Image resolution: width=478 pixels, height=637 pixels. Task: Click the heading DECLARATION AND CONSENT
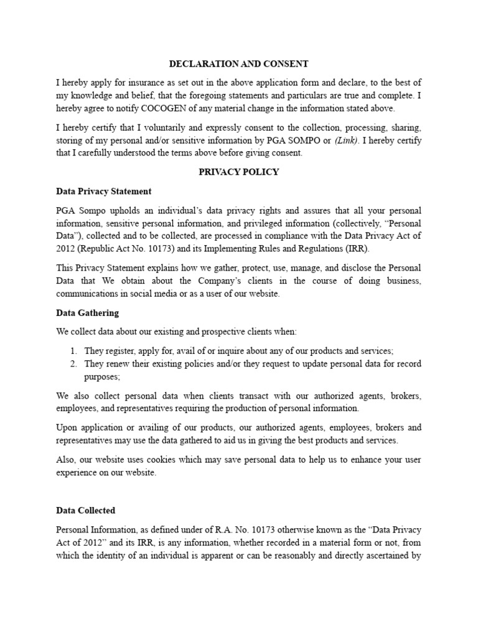coord(238,63)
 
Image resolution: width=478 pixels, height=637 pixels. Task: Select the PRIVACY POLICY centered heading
coord(238,172)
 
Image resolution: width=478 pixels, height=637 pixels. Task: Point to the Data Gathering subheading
coord(87,312)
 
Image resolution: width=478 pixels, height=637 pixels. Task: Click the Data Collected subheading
coord(85,510)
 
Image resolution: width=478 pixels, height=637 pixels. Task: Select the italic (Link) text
coord(346,141)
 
